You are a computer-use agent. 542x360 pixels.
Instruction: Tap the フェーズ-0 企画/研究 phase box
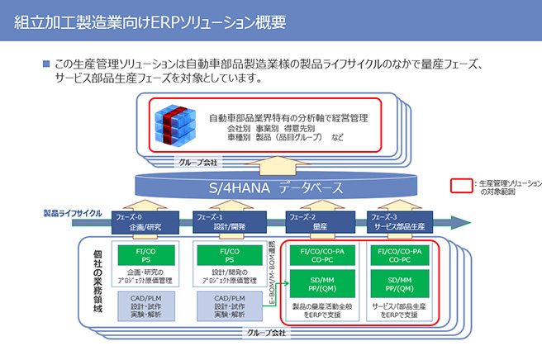click(138, 221)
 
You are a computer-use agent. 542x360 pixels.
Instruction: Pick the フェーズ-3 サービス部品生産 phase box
click(400, 221)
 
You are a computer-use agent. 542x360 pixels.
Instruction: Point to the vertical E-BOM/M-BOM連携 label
click(271, 277)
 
